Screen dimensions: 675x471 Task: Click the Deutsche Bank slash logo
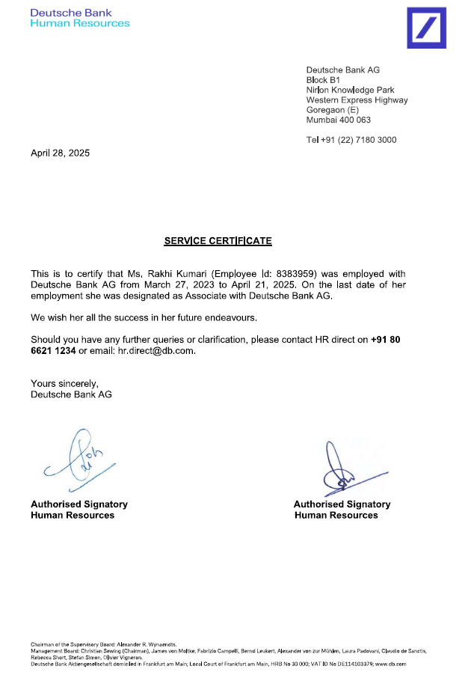click(425, 28)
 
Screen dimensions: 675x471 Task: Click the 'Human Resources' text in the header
click(80, 23)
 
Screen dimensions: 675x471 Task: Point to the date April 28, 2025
click(60, 153)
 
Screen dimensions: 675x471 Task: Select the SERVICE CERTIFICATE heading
click(218, 241)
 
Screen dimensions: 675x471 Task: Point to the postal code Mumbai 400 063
click(339, 120)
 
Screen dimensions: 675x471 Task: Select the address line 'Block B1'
click(324, 80)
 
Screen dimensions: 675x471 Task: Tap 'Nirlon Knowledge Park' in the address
click(351, 90)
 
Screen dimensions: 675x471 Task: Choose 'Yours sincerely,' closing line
click(64, 384)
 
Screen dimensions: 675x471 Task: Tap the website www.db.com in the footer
click(392, 664)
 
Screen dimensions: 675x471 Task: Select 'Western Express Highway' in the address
click(357, 100)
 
